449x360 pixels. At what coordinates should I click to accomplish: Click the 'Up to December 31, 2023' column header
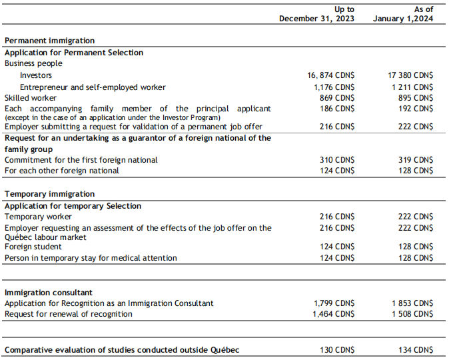pyautogui.click(x=316, y=14)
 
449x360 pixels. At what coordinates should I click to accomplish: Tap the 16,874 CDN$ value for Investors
pyautogui.click(x=330, y=76)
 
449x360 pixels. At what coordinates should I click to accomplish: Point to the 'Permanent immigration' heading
pyautogui.click(x=49, y=41)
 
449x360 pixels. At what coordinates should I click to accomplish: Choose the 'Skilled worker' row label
pyautogui.click(x=31, y=97)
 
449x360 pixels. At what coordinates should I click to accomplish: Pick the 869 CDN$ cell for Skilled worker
pyautogui.click(x=336, y=97)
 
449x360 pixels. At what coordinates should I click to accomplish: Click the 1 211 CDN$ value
pyautogui.click(x=413, y=87)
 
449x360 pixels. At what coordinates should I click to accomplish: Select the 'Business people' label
pyautogui.click(x=33, y=63)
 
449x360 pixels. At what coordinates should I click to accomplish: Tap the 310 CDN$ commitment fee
pyautogui.click(x=336, y=160)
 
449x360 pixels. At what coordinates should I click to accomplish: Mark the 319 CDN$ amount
pyautogui.click(x=414, y=160)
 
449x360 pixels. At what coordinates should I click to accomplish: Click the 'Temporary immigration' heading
pyautogui.click(x=49, y=194)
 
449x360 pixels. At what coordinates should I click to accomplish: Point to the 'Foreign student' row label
pyautogui.click(x=33, y=247)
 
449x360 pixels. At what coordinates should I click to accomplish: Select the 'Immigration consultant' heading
pyautogui.click(x=49, y=293)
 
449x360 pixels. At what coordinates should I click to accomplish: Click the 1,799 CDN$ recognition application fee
pyautogui.click(x=334, y=303)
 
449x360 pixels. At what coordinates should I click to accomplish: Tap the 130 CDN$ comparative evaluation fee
pyautogui.click(x=336, y=350)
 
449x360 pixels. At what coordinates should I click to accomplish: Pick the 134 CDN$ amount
pyautogui.click(x=414, y=350)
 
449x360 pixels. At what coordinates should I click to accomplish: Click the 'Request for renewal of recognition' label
pyautogui.click(x=69, y=314)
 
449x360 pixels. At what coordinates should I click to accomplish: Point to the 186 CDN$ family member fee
pyautogui.click(x=336, y=108)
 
